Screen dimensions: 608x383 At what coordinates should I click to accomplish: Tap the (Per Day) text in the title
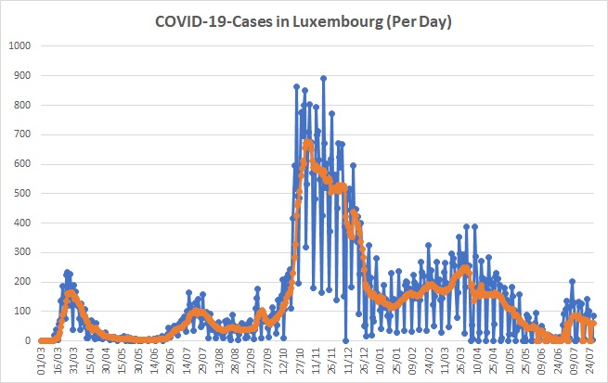(x=419, y=21)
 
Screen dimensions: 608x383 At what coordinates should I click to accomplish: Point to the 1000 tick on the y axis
(x=19, y=45)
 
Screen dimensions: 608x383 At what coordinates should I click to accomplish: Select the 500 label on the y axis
(x=22, y=193)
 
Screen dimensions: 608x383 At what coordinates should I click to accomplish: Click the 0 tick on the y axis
(x=28, y=340)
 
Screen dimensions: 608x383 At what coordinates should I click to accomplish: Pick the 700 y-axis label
(x=22, y=134)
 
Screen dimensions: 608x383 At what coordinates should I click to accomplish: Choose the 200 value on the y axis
(x=22, y=282)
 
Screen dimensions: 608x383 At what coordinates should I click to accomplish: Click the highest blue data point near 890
(x=323, y=78)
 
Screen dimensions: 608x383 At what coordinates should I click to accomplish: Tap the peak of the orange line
(x=308, y=143)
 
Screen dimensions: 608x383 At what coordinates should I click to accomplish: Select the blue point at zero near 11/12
(x=345, y=340)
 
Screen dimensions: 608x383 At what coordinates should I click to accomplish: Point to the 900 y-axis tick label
(x=22, y=75)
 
